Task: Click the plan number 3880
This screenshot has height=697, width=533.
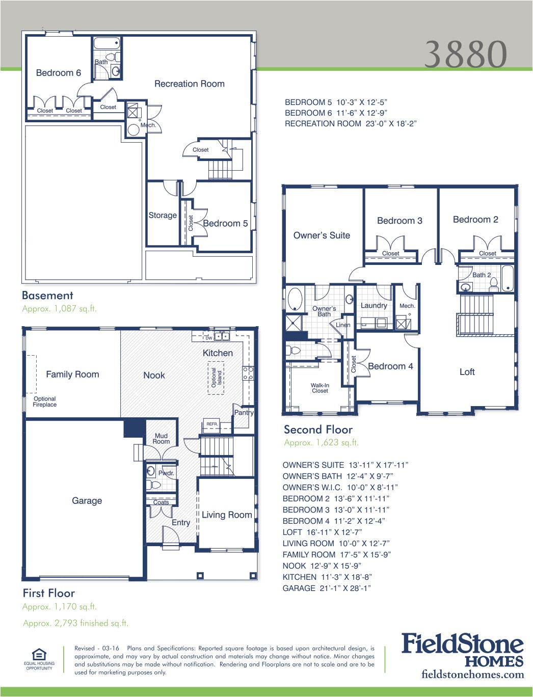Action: (466, 54)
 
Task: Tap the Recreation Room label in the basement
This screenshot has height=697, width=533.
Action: (189, 84)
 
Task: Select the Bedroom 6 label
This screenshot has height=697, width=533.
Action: (58, 73)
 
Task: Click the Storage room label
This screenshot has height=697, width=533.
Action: (163, 216)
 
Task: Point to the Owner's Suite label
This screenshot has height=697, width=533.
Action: (322, 235)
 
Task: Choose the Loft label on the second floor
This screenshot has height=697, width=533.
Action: (467, 372)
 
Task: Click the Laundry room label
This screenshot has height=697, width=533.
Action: (374, 306)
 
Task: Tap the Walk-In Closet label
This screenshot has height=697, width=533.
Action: (320, 388)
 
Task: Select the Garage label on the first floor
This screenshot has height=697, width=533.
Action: (87, 501)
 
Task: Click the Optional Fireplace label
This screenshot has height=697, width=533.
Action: (44, 402)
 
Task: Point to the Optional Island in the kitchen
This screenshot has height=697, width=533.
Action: (216, 378)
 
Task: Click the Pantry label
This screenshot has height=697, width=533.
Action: (244, 413)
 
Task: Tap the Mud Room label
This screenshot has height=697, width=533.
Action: (161, 439)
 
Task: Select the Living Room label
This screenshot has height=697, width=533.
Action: (227, 515)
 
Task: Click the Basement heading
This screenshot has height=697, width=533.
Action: (47, 296)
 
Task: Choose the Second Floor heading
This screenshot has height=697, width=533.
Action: (318, 430)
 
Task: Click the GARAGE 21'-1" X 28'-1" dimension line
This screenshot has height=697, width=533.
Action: (327, 588)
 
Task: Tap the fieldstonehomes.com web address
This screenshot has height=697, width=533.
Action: (472, 675)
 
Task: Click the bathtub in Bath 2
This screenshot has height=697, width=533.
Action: (508, 278)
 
